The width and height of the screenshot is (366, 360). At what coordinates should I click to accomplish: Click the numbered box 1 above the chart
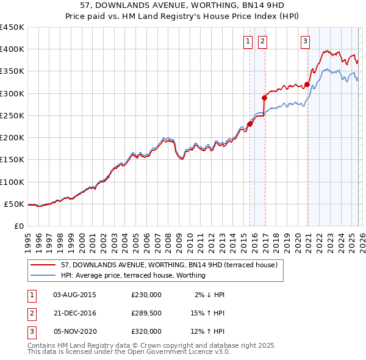[x=248, y=41]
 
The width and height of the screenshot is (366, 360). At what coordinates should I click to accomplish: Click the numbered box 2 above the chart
[x=262, y=41]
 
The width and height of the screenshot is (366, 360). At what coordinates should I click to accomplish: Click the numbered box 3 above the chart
[x=304, y=41]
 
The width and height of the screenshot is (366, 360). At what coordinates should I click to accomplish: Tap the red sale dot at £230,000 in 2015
[x=249, y=124]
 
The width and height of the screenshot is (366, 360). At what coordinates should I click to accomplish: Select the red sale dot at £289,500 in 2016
[x=264, y=98]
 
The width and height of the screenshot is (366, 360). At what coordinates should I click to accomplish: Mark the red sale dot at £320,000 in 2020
[x=307, y=84]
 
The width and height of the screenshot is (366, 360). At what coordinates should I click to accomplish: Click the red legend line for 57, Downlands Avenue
[x=43, y=265]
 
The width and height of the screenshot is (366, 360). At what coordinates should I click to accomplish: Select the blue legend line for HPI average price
[x=43, y=275]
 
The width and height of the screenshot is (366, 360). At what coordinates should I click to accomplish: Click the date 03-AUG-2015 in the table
[x=74, y=295]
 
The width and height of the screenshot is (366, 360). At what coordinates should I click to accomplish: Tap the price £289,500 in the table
[x=146, y=313]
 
